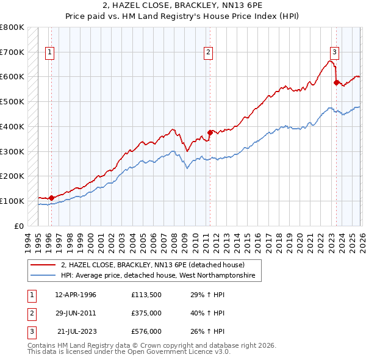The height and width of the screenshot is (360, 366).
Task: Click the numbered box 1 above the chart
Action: (49, 52)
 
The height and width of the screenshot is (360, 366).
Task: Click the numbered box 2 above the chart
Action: (208, 52)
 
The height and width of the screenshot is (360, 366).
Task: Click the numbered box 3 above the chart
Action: (334, 52)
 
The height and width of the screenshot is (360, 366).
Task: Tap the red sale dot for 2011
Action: (210, 132)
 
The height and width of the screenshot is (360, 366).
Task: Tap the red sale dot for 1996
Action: (52, 198)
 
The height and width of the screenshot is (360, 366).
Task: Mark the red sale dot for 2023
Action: (336, 82)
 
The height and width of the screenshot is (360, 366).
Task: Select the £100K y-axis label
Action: (12, 201)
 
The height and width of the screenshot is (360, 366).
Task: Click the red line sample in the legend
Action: (43, 265)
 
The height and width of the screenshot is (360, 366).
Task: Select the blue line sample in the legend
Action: (43, 276)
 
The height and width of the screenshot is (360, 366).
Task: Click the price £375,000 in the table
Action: (146, 313)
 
